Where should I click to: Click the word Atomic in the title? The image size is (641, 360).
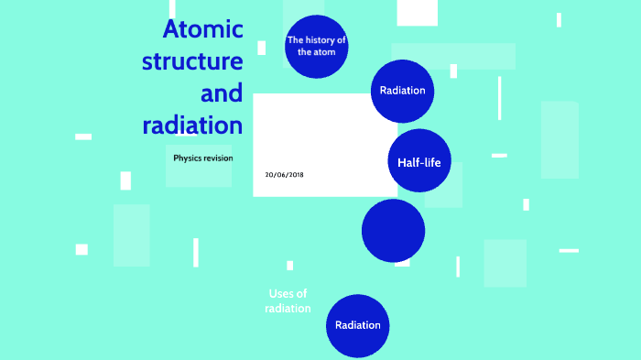[202, 30]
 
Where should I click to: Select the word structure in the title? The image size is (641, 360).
[192, 62]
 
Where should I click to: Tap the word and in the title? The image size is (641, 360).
[221, 93]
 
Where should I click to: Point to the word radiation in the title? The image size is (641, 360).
[192, 125]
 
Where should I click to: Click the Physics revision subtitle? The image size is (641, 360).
[203, 158]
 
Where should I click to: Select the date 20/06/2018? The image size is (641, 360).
[284, 174]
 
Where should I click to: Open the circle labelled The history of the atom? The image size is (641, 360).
[317, 46]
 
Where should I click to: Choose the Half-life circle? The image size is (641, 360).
[419, 162]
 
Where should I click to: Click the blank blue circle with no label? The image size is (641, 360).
[393, 231]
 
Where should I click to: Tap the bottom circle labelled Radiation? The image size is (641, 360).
[358, 325]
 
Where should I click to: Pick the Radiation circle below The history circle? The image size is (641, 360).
[403, 91]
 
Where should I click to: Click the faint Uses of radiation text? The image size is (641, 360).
[288, 301]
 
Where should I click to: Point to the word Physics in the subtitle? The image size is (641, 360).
[187, 158]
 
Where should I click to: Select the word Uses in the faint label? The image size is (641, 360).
[281, 294]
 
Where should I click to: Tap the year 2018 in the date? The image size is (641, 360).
[295, 174]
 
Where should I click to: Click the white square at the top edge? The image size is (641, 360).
[417, 12]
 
